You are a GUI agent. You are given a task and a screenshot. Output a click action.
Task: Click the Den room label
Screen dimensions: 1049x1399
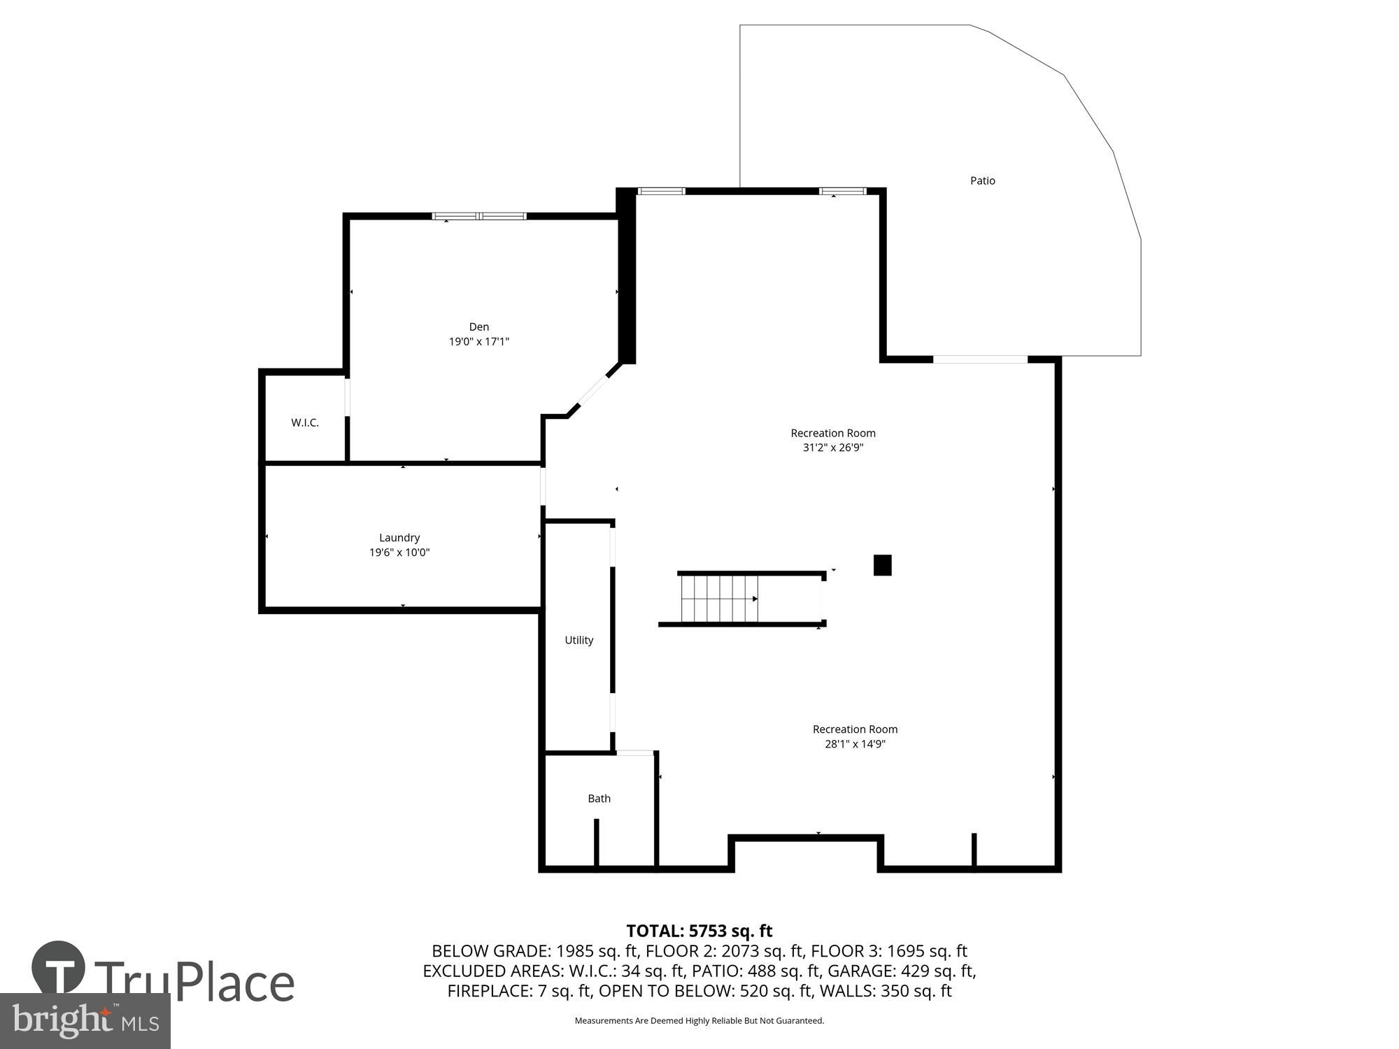[478, 327]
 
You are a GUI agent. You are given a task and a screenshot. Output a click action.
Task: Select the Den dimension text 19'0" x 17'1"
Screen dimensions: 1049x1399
[478, 342]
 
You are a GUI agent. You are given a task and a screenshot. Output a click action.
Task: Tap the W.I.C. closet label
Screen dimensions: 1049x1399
[305, 422]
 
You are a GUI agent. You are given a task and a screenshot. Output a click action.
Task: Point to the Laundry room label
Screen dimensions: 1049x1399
[399, 537]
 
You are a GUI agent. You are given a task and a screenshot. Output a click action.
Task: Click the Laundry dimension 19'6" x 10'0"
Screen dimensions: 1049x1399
[399, 552]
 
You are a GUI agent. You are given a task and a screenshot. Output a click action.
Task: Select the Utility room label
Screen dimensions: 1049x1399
[578, 640]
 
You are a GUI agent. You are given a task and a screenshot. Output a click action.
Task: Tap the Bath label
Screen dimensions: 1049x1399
[599, 798]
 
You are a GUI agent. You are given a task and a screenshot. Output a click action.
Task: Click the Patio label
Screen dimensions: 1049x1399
[982, 180]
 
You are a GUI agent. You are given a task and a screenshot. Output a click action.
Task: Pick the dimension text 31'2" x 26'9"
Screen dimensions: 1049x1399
[832, 448]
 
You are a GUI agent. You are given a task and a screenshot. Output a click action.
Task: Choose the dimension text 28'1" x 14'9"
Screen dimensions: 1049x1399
[855, 744]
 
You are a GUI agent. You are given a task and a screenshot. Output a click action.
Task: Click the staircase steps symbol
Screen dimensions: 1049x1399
[719, 599]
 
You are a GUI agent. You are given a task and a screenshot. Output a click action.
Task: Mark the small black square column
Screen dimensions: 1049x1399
[882, 565]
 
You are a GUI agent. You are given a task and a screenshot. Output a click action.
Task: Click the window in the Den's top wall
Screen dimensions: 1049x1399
[479, 216]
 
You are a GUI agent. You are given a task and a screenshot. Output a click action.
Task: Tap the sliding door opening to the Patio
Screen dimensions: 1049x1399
[980, 359]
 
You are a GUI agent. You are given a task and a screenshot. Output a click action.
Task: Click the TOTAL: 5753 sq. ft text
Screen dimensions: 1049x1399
[699, 931]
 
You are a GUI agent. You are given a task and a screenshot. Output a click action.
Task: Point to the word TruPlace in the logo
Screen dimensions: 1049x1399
[194, 982]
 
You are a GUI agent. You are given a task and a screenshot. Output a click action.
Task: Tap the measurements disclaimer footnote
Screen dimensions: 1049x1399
[699, 1021]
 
